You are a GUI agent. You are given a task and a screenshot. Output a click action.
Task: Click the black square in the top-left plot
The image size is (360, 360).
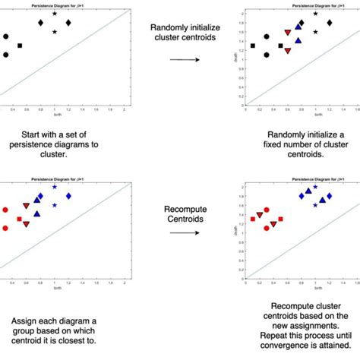[20, 46]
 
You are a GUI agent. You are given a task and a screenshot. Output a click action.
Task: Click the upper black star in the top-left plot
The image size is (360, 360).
[55, 14]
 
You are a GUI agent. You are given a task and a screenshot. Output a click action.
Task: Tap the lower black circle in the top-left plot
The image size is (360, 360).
[6, 55]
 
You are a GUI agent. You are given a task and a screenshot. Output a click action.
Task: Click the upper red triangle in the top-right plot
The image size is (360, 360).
[287, 33]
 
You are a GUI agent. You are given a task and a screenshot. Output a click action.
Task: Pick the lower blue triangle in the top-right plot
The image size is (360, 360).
[298, 41]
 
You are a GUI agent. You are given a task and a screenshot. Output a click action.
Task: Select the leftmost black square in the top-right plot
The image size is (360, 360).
[253, 46]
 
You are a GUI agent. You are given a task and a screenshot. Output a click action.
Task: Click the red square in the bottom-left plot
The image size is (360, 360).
[20, 219]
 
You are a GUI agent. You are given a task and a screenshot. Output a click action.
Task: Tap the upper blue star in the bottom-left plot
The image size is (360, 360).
[55, 187]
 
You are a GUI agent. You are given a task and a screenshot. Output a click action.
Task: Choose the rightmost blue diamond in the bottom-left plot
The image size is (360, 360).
[68, 196]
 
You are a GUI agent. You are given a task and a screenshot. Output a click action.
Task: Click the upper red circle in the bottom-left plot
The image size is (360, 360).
[6, 210]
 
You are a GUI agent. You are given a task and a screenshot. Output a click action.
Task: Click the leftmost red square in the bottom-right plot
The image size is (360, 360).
[253, 219]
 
